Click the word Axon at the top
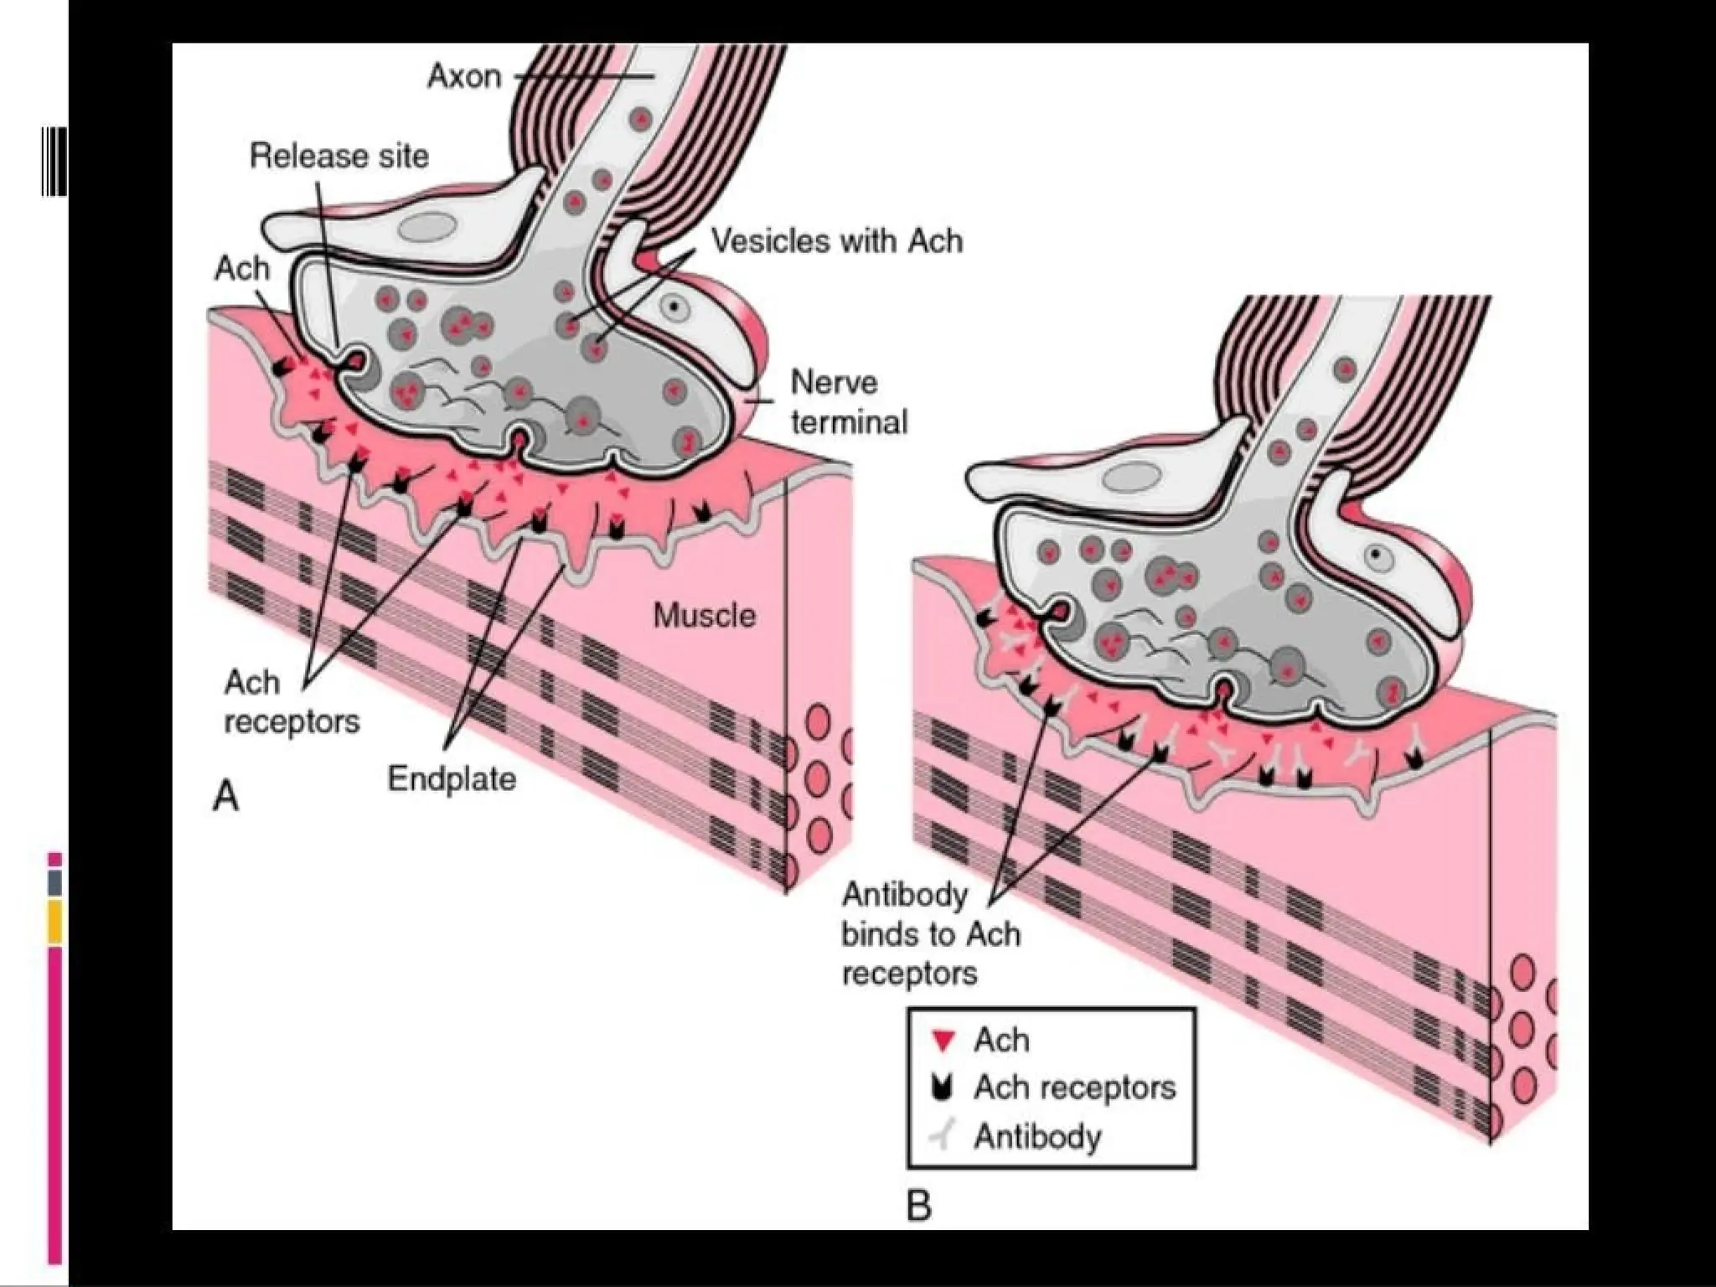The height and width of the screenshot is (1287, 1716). (464, 76)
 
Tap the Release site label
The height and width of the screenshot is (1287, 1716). (339, 156)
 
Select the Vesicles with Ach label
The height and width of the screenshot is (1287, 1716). (836, 241)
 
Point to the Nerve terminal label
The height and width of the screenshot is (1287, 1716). (848, 402)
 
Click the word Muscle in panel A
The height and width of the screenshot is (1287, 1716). (704, 616)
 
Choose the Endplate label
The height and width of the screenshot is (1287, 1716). (452, 779)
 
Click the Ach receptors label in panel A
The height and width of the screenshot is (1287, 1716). (291, 702)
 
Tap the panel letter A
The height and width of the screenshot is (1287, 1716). (226, 796)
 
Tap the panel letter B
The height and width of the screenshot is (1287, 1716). (919, 1207)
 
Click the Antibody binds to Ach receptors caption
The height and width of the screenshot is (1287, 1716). (930, 934)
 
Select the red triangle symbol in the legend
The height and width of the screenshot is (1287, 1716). (943, 1041)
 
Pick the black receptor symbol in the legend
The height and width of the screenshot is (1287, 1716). (943, 1088)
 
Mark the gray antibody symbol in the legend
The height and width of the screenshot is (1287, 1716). (943, 1137)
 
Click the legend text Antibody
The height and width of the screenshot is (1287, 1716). (1037, 1137)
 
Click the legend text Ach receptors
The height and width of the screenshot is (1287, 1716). (1074, 1088)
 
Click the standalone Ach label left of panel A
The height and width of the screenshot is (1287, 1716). (242, 269)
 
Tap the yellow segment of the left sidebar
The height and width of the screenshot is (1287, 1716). (54, 923)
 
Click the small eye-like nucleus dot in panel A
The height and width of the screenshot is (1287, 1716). (673, 308)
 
